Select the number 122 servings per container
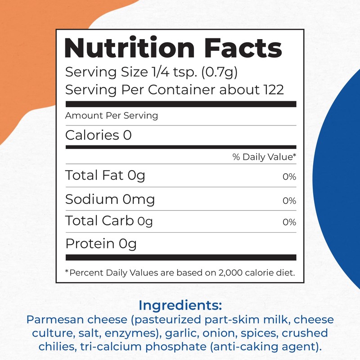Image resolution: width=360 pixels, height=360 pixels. [x=273, y=90]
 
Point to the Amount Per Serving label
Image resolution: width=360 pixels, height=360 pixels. [x=112, y=115]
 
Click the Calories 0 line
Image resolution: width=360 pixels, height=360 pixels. [x=99, y=135]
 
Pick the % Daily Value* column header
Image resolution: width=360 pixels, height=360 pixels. [x=264, y=157]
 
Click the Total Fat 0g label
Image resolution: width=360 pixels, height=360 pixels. [x=105, y=175]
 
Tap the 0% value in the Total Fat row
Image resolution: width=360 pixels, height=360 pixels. [x=289, y=177]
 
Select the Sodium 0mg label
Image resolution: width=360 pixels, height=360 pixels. [x=110, y=199]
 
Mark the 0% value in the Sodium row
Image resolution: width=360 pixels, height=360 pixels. [x=289, y=201]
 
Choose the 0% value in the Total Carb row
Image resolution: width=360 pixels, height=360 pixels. [x=289, y=222]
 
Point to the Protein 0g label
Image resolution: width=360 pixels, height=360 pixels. [x=101, y=244]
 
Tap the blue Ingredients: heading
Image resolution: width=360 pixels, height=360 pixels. [x=180, y=306]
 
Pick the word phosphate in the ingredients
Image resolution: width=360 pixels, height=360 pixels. [x=174, y=348]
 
